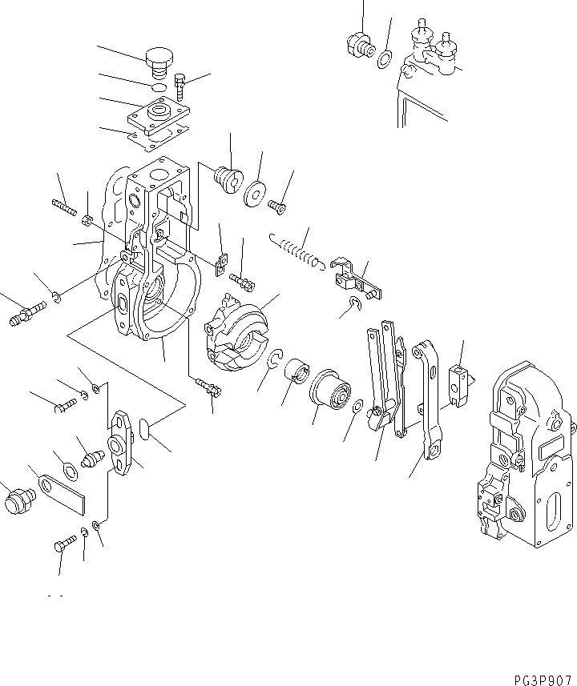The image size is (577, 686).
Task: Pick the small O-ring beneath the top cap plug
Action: coord(159,86)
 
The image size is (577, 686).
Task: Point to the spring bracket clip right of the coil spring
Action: coord(349,276)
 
